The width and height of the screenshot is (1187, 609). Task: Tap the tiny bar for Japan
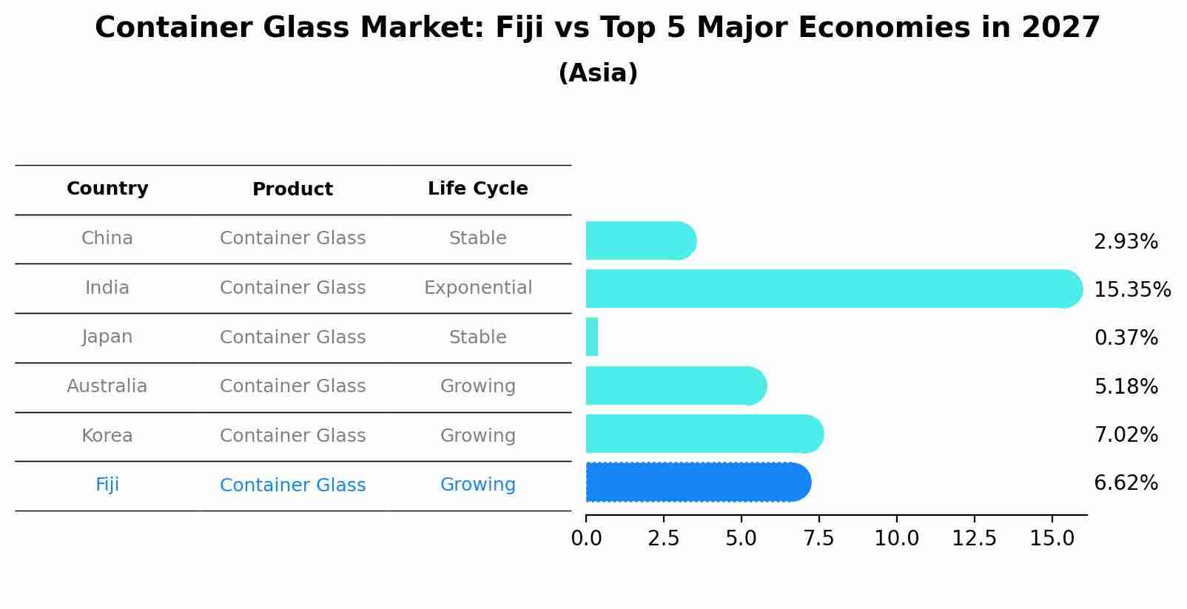[x=592, y=337]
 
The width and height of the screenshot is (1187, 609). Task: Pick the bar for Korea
[x=704, y=434]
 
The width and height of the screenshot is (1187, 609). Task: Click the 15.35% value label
[x=1131, y=289]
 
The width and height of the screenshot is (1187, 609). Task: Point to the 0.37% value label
[x=1126, y=338]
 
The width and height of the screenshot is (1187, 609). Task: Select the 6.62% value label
[x=1126, y=483]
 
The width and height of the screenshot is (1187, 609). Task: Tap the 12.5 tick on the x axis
[x=975, y=539]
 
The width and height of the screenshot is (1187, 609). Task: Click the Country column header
[x=107, y=189]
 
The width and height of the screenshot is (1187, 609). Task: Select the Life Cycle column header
[x=477, y=189]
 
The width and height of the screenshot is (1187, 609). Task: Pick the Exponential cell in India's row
[x=477, y=288]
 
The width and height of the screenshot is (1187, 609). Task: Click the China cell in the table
[x=107, y=238]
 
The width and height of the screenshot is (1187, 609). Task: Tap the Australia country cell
[x=107, y=386]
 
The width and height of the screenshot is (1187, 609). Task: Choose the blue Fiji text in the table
[x=107, y=485]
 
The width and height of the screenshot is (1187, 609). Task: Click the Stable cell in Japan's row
[x=477, y=337]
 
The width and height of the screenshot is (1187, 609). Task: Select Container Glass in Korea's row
[x=292, y=436]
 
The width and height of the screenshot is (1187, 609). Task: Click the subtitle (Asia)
[x=598, y=73]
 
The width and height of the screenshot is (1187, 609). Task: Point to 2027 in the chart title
[x=1060, y=28]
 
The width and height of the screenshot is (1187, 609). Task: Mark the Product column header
[x=292, y=189]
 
